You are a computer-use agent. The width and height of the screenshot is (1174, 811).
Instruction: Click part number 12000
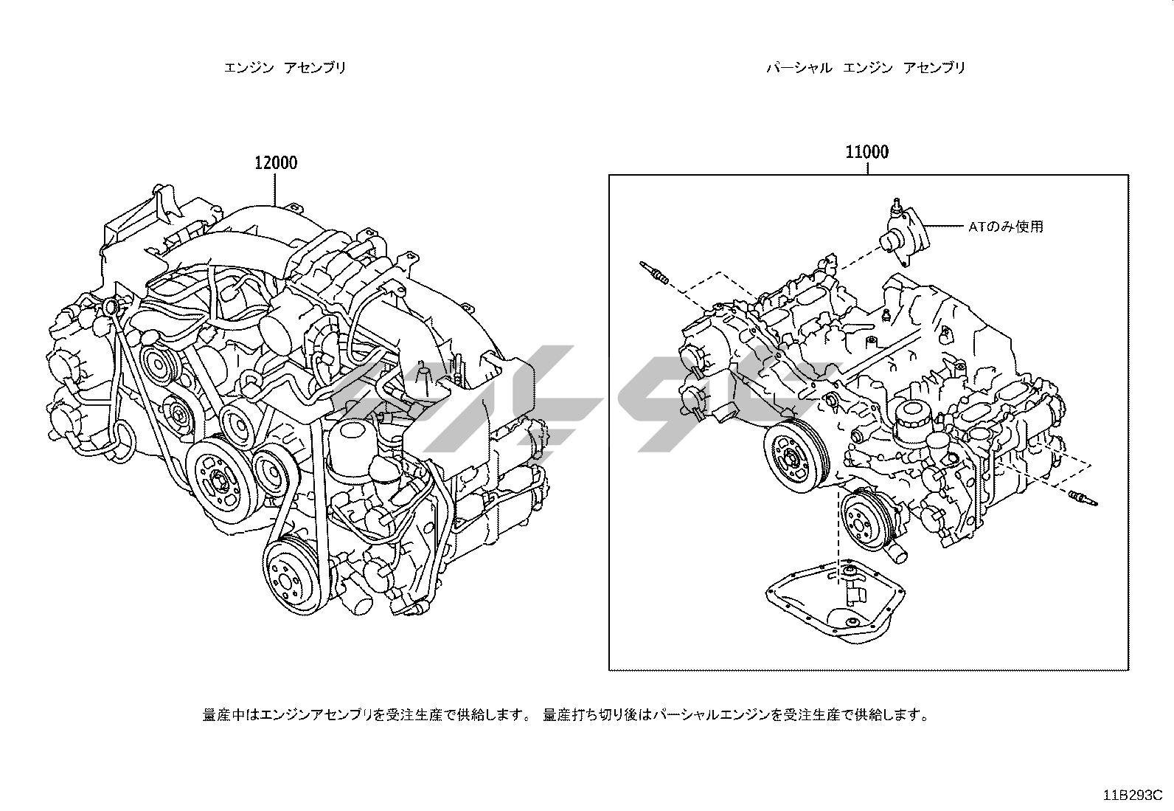pyautogui.click(x=276, y=162)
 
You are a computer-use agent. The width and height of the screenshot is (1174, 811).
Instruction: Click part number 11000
pyautogui.click(x=866, y=152)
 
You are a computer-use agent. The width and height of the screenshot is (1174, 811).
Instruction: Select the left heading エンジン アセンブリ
pyautogui.click(x=285, y=68)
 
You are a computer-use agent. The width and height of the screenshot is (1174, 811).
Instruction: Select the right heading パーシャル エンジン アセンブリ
pyautogui.click(x=866, y=68)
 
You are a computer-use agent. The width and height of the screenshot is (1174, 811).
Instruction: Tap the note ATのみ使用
pyautogui.click(x=1005, y=227)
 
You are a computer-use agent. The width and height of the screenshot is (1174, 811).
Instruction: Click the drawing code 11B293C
pyautogui.click(x=1132, y=796)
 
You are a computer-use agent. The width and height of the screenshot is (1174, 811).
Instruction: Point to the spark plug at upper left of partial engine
pyautogui.click(x=655, y=272)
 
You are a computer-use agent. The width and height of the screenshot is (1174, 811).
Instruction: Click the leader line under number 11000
pyautogui.click(x=866, y=168)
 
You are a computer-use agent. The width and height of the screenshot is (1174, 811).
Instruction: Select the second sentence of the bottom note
pyautogui.click(x=735, y=714)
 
